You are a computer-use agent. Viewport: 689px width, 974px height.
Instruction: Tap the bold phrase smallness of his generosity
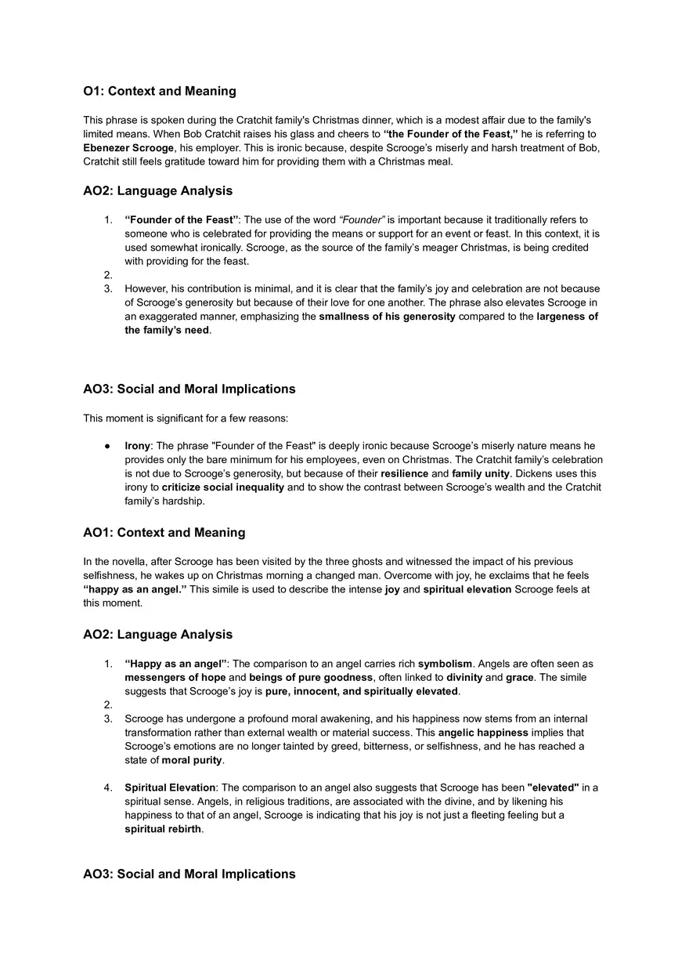click(387, 317)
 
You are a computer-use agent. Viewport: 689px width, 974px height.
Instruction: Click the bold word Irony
click(138, 445)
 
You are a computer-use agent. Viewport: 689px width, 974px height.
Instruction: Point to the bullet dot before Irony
click(107, 445)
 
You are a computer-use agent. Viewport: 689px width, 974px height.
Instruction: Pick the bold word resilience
click(404, 473)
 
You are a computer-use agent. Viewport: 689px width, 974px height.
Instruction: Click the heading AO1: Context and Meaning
click(164, 533)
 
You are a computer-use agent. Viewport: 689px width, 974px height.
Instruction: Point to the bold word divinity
click(464, 677)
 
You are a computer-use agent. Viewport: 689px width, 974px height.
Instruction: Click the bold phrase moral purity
click(192, 760)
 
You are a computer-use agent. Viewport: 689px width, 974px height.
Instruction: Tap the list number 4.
click(108, 788)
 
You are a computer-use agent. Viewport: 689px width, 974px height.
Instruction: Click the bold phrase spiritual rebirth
click(163, 829)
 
